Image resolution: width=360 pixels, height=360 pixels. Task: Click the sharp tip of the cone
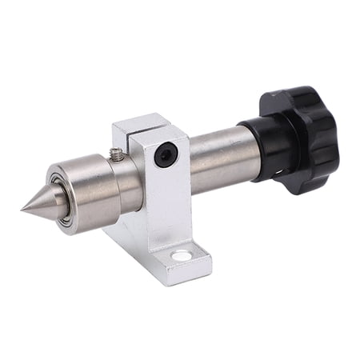22,210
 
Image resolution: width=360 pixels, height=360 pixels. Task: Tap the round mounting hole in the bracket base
182,257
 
